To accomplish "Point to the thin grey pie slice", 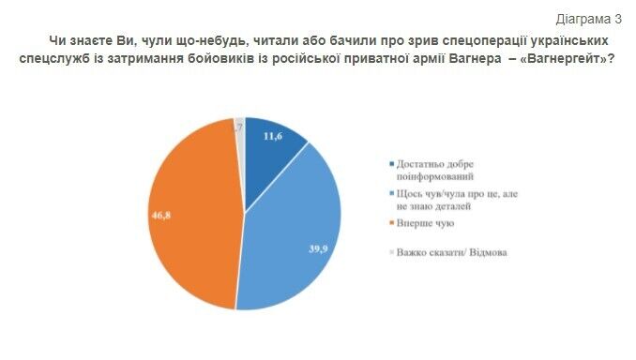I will coord(240,126).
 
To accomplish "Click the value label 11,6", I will coord(273,137).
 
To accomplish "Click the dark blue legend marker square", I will coord(391,165).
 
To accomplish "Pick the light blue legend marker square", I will coord(391,194).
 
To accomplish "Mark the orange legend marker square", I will coord(391,223).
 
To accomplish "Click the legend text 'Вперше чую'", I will coord(427,223).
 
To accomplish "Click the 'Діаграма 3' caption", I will coord(588,18).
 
